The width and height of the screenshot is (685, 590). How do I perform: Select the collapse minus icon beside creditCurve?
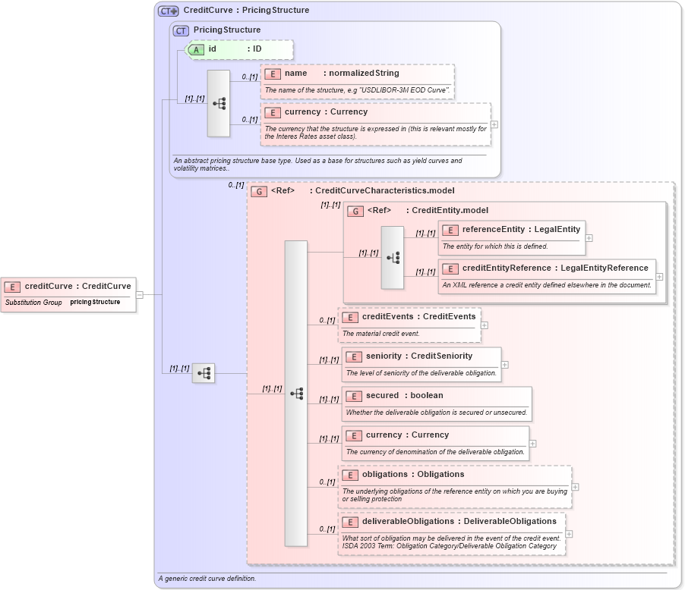tap(140, 295)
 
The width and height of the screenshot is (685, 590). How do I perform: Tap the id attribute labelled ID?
tap(235, 49)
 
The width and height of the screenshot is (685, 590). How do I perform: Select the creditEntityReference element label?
tap(555, 268)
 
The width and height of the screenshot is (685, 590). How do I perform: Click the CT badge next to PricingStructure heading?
tap(181, 30)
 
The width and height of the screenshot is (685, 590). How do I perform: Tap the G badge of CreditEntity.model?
tap(355, 211)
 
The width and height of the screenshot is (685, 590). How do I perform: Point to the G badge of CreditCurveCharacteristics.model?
tap(259, 191)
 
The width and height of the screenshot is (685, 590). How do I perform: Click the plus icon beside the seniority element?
tap(505, 365)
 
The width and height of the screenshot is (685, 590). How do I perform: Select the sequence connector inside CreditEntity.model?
tap(393, 258)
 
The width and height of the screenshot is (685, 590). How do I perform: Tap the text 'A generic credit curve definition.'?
tap(207, 579)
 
